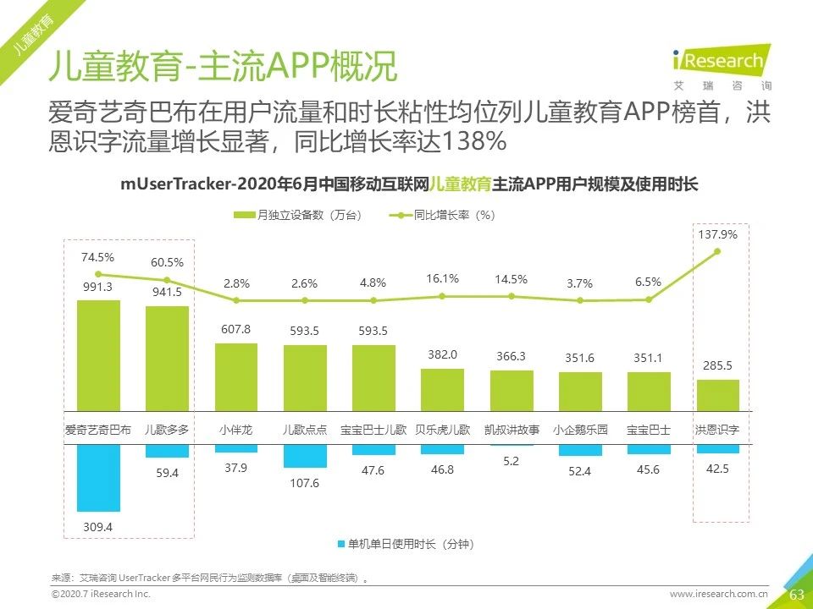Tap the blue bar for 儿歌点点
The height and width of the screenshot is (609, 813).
[305, 456]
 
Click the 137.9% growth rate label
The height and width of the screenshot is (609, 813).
[716, 234]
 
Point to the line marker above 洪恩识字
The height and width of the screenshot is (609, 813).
[717, 251]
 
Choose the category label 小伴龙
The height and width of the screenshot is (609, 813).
[236, 430]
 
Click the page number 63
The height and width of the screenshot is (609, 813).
[796, 595]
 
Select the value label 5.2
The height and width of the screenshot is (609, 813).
[512, 461]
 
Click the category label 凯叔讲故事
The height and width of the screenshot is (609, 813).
[512, 430]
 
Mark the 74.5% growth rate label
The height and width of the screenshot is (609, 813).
[97, 257]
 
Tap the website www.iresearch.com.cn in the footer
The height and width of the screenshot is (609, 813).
[719, 595]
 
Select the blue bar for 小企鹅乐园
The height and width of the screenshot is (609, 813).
[580, 450]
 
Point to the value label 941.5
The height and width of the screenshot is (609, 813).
[167, 292]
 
